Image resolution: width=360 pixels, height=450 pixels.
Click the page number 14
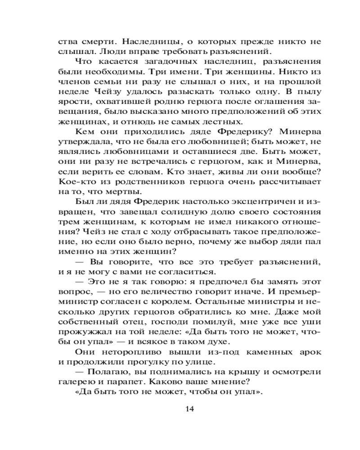pos(189,409)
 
